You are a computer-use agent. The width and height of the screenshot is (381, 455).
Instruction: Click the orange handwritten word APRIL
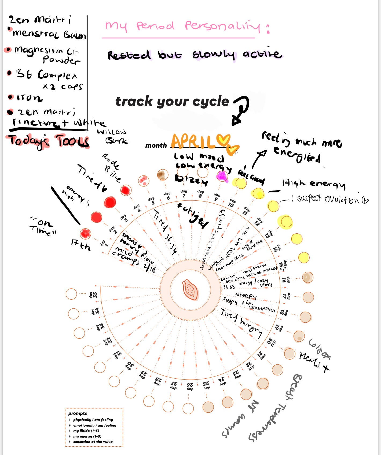(193, 141)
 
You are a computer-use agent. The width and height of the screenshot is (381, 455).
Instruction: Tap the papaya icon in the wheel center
(190, 290)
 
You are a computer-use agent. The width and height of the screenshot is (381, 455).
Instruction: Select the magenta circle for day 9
(222, 176)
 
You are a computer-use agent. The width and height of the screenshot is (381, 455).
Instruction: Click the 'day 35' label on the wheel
(93, 295)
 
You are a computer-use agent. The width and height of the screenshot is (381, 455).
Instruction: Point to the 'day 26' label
(190, 387)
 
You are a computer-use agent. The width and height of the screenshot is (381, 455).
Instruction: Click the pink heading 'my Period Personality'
(182, 26)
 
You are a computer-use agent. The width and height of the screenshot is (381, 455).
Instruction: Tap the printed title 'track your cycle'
(172, 102)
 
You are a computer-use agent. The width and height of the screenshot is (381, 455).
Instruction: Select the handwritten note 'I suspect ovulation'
(330, 199)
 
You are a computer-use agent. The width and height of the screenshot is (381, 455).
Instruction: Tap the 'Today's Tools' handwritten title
(48, 141)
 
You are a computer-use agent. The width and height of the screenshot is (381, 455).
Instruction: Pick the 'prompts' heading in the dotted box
(78, 413)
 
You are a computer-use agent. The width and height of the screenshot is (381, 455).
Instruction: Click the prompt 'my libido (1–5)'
(86, 431)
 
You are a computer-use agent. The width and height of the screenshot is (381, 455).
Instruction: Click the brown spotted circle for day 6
(163, 175)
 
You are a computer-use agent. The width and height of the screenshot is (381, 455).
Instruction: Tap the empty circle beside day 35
(71, 294)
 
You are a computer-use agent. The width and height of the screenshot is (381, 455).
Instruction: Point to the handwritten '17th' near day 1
(80, 244)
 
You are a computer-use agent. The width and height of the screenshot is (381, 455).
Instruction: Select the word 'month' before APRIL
(156, 146)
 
